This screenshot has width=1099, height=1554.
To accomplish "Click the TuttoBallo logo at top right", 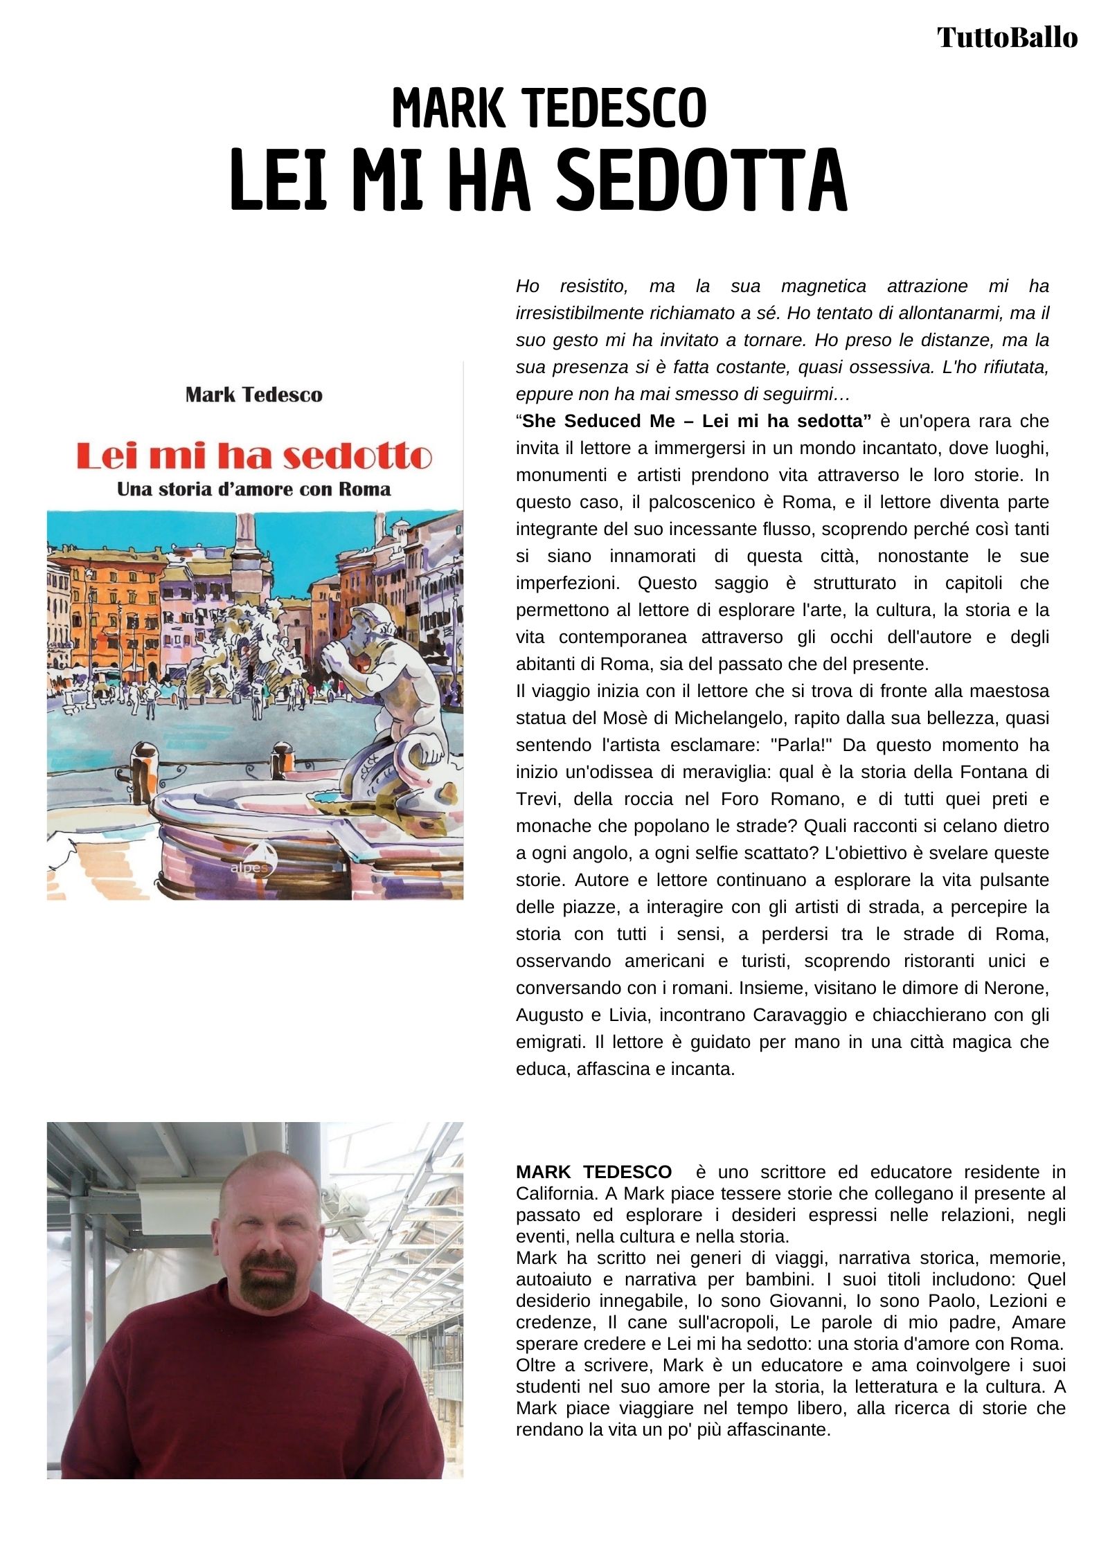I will click(x=1007, y=37).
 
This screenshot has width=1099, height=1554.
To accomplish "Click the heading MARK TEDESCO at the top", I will click(x=549, y=109).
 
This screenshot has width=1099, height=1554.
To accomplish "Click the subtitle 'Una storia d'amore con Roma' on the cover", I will click(x=254, y=489).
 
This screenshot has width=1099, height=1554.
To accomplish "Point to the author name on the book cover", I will click(x=254, y=395).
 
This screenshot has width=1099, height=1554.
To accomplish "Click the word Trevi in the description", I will click(x=534, y=799).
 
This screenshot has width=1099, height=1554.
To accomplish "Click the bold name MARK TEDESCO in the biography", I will click(x=593, y=1172).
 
